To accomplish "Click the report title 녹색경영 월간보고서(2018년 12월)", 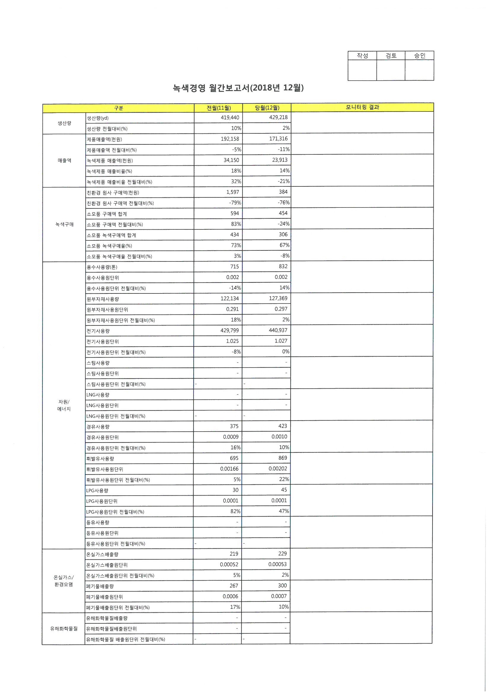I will [x=238, y=88].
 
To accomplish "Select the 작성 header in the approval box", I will [x=362, y=55].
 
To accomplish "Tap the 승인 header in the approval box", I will [x=419, y=55].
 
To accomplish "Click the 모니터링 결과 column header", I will [x=362, y=107].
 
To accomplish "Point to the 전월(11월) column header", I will [x=218, y=108].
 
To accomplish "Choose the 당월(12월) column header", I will [x=267, y=108].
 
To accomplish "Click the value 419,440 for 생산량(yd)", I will [x=230, y=117].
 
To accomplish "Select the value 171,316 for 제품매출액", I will [x=278, y=138].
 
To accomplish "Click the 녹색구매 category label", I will [x=64, y=224].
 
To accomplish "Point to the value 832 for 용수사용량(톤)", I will [x=283, y=266].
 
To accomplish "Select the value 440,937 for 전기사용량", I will [x=278, y=330].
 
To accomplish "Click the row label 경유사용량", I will [x=98, y=427].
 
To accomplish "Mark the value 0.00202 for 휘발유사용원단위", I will [x=278, y=468].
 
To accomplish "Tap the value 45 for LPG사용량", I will [x=284, y=490].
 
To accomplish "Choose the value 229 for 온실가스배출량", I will [x=282, y=554].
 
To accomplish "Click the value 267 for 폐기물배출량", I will [x=234, y=585].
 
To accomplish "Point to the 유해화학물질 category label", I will [x=64, y=628].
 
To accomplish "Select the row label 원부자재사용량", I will [x=103, y=299].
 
